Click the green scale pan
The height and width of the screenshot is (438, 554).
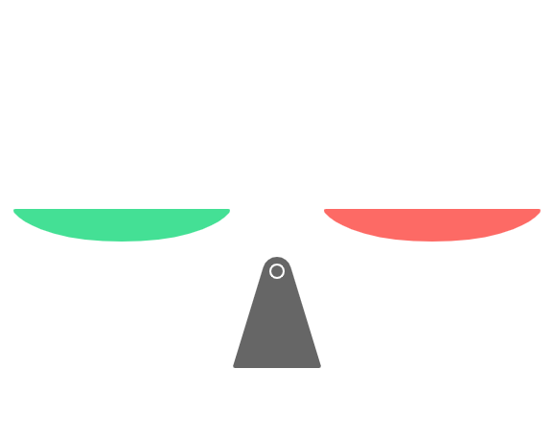pos(121,226)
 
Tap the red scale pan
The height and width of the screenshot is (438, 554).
pos(432,226)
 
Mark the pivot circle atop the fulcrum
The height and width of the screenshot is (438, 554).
pos(276,271)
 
